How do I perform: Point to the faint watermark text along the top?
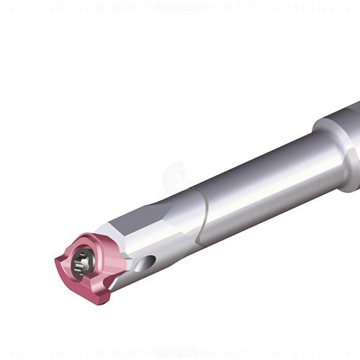(x=180, y=8)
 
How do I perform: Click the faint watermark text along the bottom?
(x=180, y=352)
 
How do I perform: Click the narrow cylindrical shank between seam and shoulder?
(x=259, y=180)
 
